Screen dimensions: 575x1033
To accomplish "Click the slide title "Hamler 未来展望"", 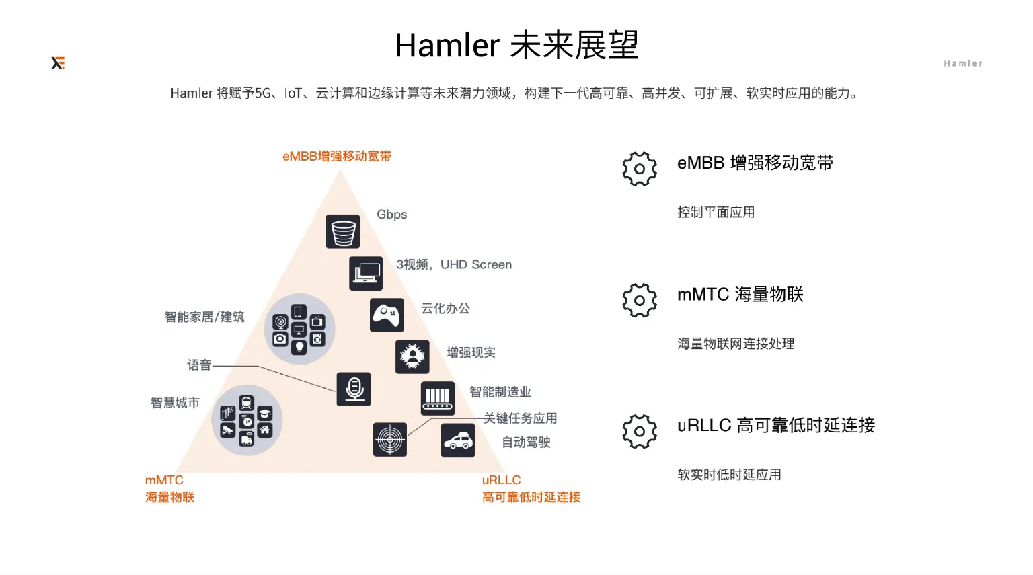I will click(x=516, y=46).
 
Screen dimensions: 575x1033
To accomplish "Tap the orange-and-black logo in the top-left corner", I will click(x=58, y=63).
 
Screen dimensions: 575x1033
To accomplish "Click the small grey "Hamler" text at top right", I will click(x=962, y=63).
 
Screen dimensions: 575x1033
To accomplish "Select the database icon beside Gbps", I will click(x=343, y=232).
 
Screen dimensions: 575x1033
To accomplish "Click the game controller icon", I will click(x=387, y=315).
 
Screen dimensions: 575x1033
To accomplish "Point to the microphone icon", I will click(x=354, y=389).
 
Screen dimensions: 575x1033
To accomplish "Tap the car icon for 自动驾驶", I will click(x=458, y=440).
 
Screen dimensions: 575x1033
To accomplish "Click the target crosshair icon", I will click(x=390, y=440).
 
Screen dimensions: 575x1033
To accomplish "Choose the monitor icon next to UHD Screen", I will click(x=367, y=273).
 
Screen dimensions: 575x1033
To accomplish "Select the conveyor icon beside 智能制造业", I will click(x=438, y=398).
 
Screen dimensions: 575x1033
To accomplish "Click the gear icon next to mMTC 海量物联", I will click(x=640, y=300).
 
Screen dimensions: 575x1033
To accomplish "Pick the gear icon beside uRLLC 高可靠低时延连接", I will click(x=640, y=431).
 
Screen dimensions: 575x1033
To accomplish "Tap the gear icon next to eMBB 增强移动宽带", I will click(x=640, y=169).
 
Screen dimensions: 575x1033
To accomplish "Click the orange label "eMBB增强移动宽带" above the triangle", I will click(x=337, y=157).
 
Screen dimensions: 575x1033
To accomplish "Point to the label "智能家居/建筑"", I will click(x=204, y=317).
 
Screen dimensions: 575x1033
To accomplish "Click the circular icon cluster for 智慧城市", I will click(x=247, y=420).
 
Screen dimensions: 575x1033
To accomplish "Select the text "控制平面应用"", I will click(x=716, y=213).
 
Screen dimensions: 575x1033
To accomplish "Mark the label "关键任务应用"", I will click(x=521, y=418).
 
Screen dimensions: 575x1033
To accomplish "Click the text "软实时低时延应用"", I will click(x=729, y=475).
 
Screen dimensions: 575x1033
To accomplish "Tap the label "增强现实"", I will click(x=471, y=352).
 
